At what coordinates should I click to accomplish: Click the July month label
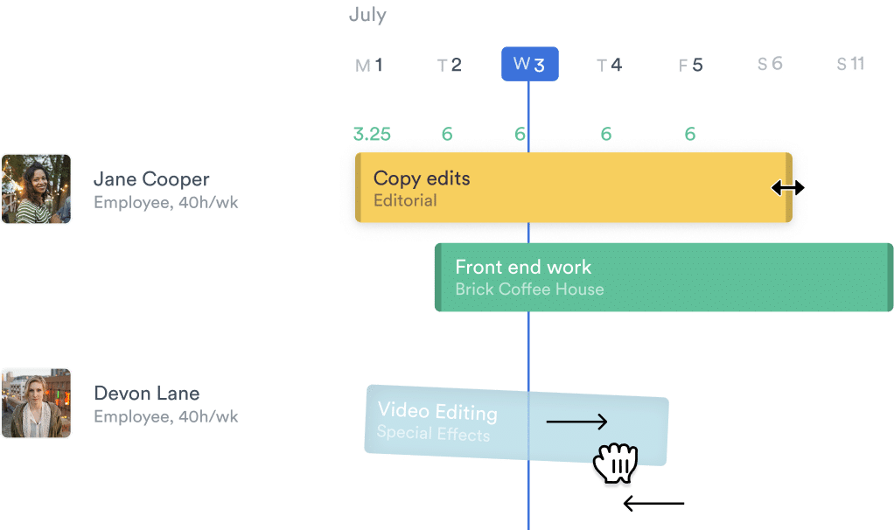(367, 16)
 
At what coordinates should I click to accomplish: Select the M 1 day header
(369, 65)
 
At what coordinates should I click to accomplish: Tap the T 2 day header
(449, 65)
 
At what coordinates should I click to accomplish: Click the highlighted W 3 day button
(529, 64)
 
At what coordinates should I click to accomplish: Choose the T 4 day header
(609, 65)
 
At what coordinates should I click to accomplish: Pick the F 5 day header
(690, 65)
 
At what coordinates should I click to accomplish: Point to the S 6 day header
(770, 64)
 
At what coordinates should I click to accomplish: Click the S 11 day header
(850, 64)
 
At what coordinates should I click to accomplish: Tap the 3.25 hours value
(372, 134)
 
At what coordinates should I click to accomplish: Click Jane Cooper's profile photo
(36, 189)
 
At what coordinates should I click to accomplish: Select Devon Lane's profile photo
(36, 402)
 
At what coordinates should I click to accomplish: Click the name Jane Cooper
(151, 180)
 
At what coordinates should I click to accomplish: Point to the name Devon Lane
(147, 394)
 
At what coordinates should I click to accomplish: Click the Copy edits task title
(422, 178)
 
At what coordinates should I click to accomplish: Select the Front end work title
(523, 268)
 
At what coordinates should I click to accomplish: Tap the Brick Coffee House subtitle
(529, 289)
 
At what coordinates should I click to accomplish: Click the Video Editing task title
(437, 411)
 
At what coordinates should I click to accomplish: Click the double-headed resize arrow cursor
(788, 187)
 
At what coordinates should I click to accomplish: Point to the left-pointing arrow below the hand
(653, 504)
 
